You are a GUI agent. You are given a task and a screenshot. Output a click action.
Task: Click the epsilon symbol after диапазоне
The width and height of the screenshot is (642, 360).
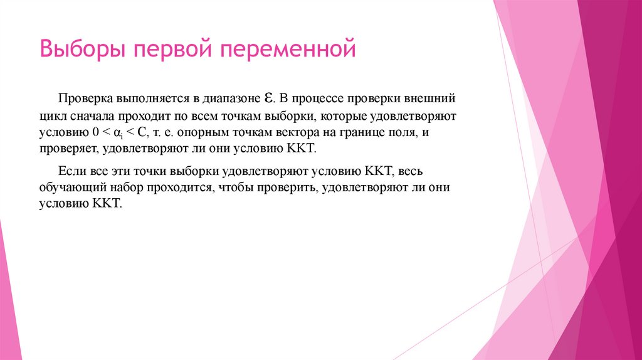pyautogui.click(x=266, y=98)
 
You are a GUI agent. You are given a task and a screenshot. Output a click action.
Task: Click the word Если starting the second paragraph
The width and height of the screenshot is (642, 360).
pyautogui.click(x=69, y=171)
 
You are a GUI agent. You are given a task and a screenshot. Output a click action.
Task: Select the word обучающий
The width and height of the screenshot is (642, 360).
pyautogui.click(x=69, y=188)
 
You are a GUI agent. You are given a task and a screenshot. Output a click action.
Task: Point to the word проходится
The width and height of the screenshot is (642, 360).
pyautogui.click(x=177, y=188)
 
